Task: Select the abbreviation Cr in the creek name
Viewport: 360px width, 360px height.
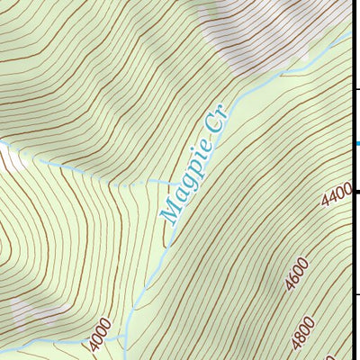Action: point(217,121)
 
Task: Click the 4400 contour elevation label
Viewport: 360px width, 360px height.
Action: point(337,193)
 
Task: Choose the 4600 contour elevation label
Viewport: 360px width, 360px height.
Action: point(296,274)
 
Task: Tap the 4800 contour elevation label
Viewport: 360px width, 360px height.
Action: point(303,336)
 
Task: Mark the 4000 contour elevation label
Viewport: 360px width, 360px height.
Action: point(100,335)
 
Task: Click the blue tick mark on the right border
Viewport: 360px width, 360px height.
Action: point(356,143)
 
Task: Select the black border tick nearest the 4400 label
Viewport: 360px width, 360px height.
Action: point(356,192)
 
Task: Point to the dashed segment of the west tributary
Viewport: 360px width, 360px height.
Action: point(135,184)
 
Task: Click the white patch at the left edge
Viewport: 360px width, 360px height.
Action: point(11,159)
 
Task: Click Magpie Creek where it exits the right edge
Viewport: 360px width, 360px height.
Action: point(349,36)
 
